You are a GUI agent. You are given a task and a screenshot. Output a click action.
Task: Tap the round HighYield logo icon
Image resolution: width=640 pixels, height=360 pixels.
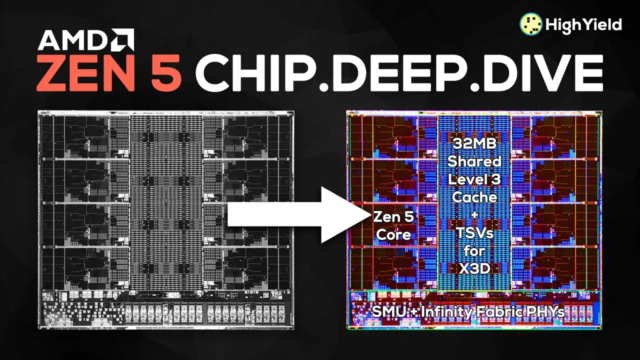(531, 25)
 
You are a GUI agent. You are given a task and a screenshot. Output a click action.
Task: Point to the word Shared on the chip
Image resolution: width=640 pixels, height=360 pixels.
(474, 161)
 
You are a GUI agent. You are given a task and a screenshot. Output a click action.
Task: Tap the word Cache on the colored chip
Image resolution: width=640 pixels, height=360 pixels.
(474, 197)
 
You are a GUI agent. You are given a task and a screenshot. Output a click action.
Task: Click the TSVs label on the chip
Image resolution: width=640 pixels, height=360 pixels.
(474, 232)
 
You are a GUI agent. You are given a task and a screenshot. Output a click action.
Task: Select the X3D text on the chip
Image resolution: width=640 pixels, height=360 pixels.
(474, 268)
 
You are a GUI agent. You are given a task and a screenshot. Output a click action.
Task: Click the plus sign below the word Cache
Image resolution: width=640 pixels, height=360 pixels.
(474, 215)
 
